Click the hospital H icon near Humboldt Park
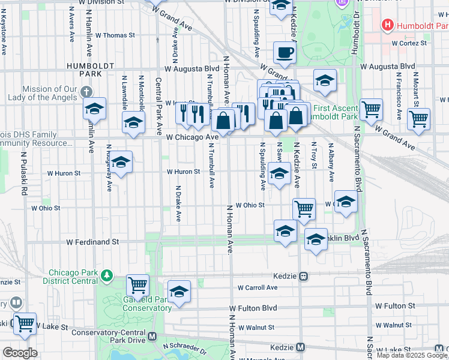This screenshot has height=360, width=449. (x=388, y=25)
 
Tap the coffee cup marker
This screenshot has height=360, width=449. (x=285, y=53)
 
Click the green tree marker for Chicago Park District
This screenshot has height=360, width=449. (x=107, y=275)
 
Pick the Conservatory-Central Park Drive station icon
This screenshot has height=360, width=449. (x=152, y=337)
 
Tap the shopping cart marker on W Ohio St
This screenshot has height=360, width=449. (x=304, y=209)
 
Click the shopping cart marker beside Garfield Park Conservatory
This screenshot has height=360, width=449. (x=138, y=285)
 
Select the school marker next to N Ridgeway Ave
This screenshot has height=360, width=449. (x=121, y=162)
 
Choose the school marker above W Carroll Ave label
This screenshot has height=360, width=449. (x=179, y=292)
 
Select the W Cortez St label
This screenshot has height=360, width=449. (x=409, y=43)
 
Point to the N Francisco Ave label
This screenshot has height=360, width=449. (x=397, y=90)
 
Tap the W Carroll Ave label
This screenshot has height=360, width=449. (x=257, y=287)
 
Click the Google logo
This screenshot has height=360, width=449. (x=20, y=353)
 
